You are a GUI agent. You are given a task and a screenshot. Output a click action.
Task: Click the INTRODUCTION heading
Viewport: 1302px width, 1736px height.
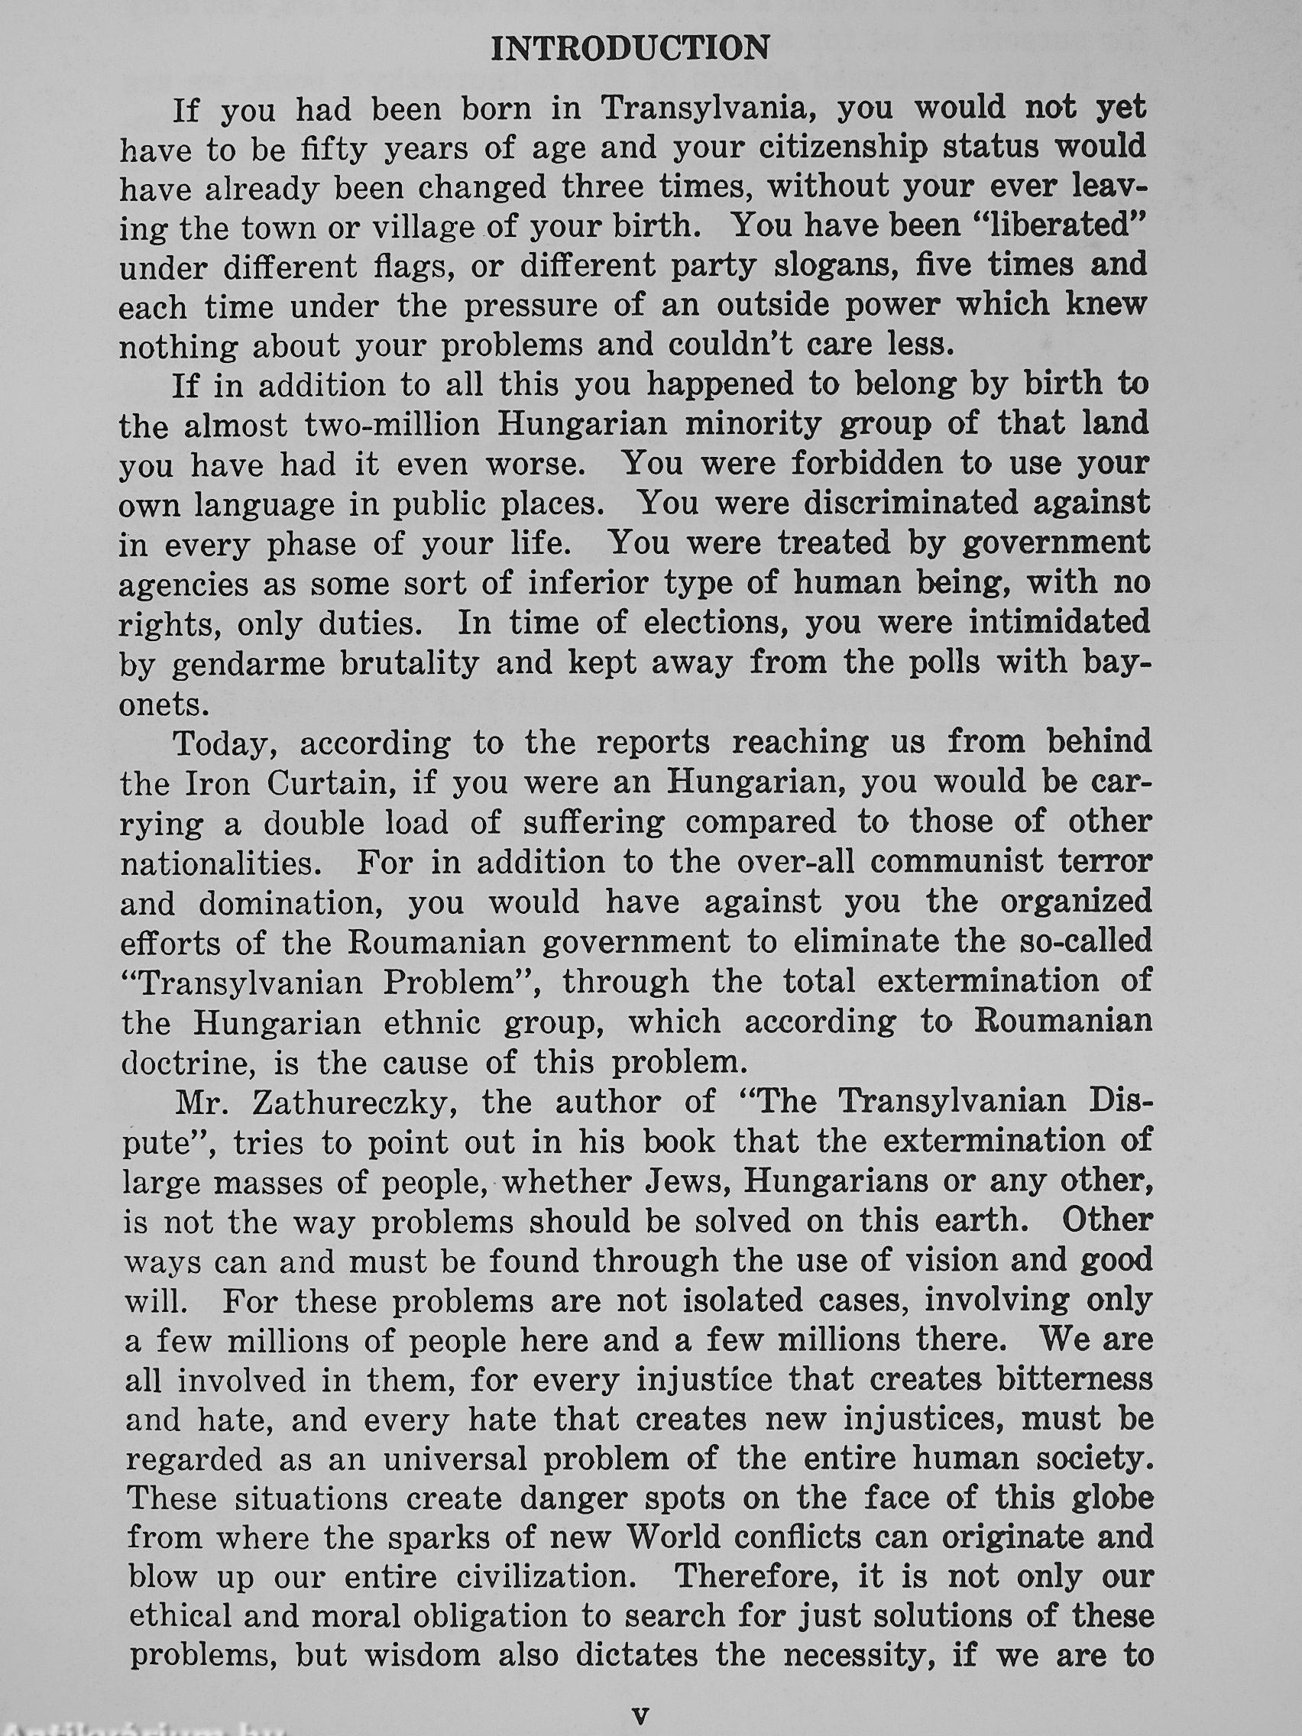click(x=630, y=50)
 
